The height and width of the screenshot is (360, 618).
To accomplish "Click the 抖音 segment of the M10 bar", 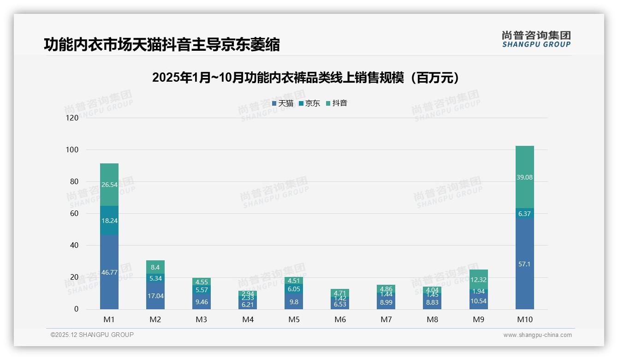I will [x=524, y=177].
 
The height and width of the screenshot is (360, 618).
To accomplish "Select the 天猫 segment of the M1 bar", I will [x=109, y=272].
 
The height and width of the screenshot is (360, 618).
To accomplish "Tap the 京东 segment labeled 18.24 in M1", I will [x=109, y=221].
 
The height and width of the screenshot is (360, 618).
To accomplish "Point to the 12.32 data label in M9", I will [x=478, y=280].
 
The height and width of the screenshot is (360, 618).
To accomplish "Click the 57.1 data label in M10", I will [x=524, y=264].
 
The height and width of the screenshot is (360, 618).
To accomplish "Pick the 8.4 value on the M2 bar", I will [x=155, y=267].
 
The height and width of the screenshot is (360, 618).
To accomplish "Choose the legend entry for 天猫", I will [x=283, y=103].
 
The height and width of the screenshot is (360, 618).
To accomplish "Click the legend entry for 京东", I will [x=309, y=103].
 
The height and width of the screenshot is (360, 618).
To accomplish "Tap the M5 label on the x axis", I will [x=294, y=319].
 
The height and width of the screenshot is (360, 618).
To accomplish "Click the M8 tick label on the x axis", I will [x=432, y=319].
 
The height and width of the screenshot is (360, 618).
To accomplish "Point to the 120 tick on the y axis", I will [x=72, y=118].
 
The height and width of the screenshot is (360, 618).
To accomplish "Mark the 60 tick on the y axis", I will [x=74, y=214].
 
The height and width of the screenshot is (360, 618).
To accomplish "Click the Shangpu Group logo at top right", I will [x=536, y=39].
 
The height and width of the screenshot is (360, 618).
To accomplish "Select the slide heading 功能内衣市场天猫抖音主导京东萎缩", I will [x=162, y=45].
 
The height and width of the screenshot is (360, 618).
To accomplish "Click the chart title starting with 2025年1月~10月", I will [x=308, y=78].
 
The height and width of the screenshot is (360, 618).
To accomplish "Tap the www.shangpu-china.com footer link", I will [x=537, y=335].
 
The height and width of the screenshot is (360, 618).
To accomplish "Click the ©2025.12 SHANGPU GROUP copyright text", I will [x=92, y=335].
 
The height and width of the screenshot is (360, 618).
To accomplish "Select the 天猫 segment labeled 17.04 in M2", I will [x=155, y=295].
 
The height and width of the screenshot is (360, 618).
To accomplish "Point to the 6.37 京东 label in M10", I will [x=524, y=214].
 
